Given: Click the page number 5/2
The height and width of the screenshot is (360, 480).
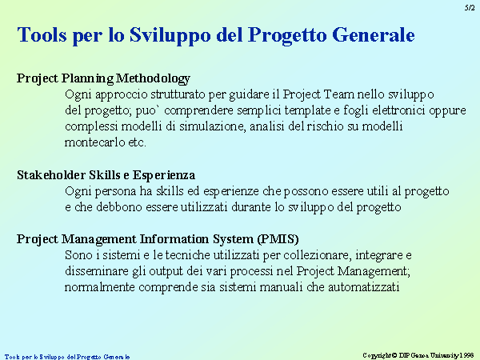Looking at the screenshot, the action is point(470,8).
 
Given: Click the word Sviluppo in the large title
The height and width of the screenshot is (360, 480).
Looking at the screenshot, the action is point(170,36).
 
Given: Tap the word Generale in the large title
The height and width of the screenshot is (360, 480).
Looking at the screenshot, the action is point(373,35).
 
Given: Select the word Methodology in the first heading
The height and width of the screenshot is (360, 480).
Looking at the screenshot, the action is point(153,79).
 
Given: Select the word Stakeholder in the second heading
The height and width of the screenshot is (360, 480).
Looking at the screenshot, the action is point(51,174).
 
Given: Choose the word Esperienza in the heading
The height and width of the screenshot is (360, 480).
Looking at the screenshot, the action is point(164,175).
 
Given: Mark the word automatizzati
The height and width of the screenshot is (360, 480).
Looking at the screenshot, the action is point(364,287).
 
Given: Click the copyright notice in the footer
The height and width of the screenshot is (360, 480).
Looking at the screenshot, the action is point(418,355).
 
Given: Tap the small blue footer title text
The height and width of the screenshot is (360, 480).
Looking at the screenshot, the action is point(67,357).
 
